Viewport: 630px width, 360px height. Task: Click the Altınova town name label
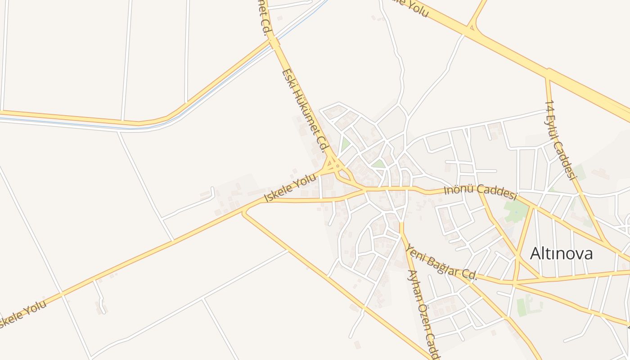coord(561,254)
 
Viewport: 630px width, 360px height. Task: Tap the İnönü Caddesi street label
coord(480,192)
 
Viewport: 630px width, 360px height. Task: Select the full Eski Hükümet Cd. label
coord(306,110)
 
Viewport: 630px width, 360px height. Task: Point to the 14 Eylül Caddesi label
coord(561,139)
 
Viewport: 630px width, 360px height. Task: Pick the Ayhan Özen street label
coord(423,315)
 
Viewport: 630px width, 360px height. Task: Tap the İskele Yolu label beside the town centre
coord(290,189)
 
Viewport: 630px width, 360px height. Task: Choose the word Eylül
coord(555,124)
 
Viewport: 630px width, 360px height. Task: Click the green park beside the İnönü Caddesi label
coord(516,211)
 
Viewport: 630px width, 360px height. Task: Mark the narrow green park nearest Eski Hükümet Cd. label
coord(345,144)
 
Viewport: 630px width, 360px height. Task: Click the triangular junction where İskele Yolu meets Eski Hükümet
coord(333,167)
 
